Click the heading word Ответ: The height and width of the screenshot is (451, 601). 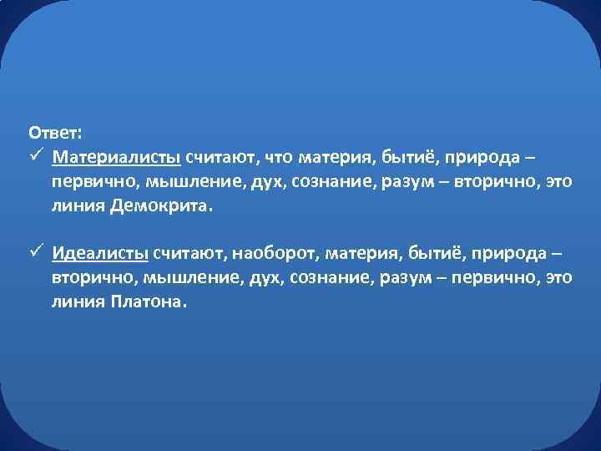pyautogui.click(x=55, y=133)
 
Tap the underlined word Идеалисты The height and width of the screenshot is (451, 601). pyautogui.click(x=99, y=253)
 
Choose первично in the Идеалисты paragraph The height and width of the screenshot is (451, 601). pyautogui.click(x=493, y=277)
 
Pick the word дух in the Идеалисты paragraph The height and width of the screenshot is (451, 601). pyautogui.click(x=263, y=277)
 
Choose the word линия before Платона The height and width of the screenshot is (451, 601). pyautogui.click(x=77, y=302)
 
